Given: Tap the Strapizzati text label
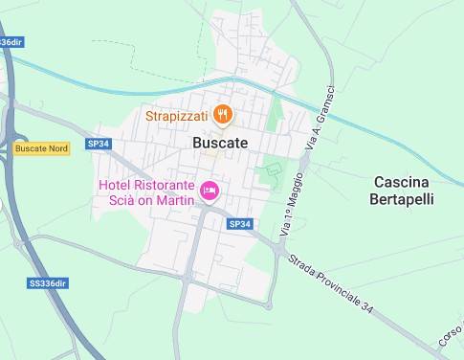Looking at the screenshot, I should coord(177,116).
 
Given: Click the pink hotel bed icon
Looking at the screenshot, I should coord(208,191).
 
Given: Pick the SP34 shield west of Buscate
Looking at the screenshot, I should coord(98,144).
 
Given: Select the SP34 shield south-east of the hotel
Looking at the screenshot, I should coord(240,224).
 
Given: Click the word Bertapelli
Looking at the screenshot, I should coord(403,200).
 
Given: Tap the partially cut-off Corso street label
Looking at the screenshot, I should coord(450,335).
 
